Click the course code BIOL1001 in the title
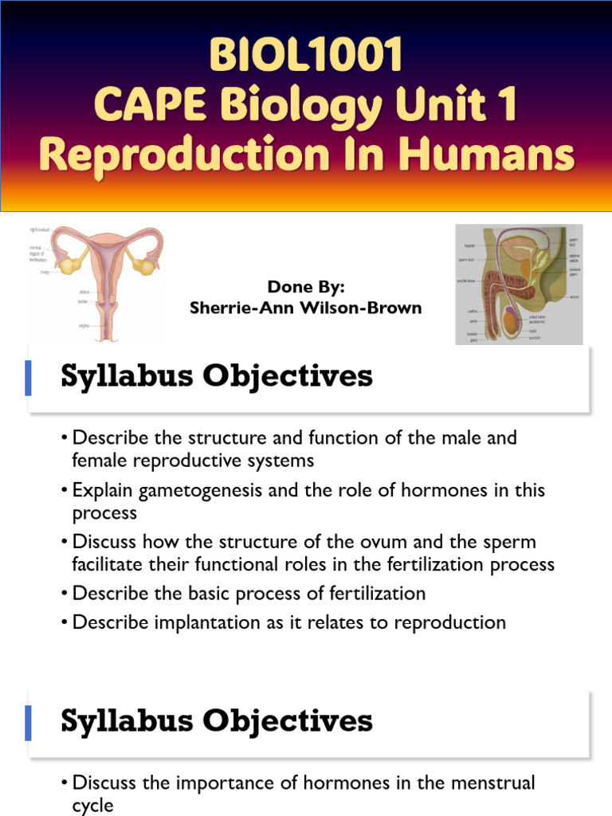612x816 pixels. point(306,57)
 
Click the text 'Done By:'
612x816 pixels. point(306,287)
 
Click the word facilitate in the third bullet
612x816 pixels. point(112,565)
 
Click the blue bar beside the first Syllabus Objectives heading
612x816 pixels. point(29,378)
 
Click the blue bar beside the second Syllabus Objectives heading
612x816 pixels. point(29,723)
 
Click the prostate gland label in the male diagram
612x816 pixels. point(575,271)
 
